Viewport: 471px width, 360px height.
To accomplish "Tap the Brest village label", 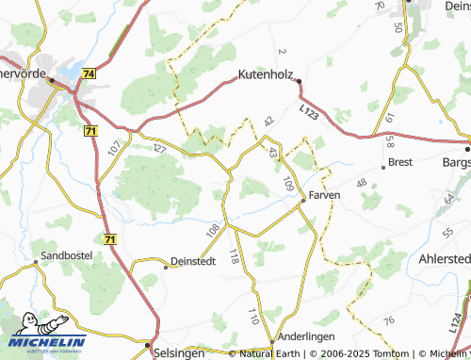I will tap(400, 164).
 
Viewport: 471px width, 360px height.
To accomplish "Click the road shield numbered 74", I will tap(89, 74).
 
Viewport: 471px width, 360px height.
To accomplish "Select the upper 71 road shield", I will tap(90, 131).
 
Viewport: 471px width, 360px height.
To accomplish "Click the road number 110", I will tap(252, 315).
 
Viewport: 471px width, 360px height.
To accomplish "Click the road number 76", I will tap(387, 322).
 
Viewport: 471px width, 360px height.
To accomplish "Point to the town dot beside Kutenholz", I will tap(300, 81).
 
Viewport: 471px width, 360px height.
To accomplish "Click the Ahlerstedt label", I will tap(443, 261).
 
